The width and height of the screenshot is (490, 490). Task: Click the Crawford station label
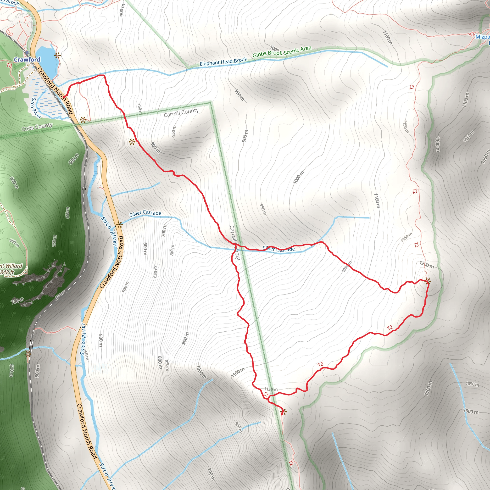27,60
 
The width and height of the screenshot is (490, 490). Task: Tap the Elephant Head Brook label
223,62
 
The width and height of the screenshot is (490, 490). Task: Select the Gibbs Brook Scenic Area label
282,52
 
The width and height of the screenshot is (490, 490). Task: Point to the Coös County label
37,127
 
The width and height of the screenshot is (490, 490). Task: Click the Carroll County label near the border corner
181,113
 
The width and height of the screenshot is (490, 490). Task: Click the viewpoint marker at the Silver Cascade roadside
119,225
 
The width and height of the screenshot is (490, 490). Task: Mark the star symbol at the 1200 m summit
428,281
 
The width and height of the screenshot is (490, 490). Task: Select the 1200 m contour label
427,265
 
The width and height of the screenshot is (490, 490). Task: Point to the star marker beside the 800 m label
132,142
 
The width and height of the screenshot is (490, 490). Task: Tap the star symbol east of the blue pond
58,55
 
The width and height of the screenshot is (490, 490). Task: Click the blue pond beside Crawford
47,62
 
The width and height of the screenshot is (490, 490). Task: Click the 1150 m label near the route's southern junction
271,389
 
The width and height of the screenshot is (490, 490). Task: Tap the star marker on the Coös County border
83,120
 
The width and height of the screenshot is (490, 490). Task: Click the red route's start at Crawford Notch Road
65,97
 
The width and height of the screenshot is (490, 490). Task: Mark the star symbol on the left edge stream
28,354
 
